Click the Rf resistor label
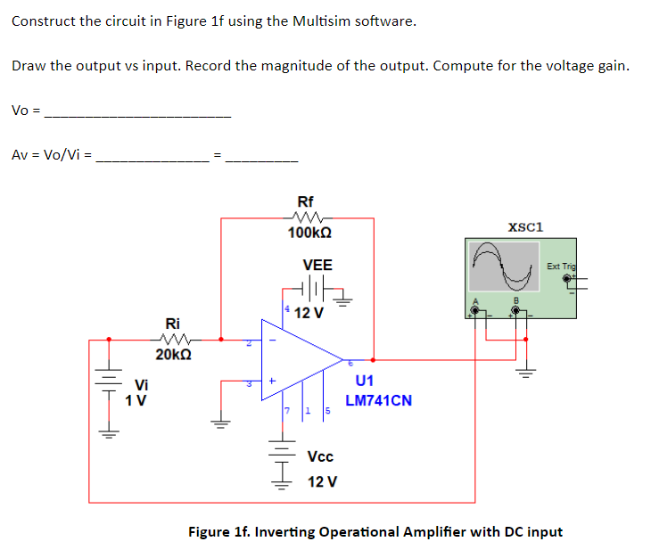305,201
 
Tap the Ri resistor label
174,324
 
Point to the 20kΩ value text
173,355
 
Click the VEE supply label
317,265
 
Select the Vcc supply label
320,456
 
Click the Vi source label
141,385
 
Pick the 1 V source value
136,400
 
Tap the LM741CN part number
378,400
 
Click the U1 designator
364,382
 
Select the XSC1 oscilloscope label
525,226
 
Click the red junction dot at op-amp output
372,360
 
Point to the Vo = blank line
137,115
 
